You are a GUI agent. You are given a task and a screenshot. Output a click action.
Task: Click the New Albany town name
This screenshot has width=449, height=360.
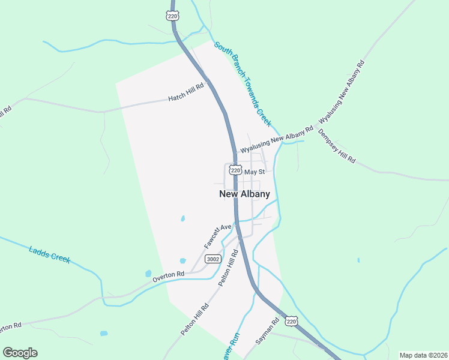244,194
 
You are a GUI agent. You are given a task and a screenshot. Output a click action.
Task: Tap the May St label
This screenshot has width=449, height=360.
255,172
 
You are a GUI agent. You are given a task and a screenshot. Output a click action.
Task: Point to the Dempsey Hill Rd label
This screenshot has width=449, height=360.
337,146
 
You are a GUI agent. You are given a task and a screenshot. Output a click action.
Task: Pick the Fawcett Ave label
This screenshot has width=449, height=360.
218,236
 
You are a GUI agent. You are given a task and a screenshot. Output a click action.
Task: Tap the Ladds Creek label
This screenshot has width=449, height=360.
49,254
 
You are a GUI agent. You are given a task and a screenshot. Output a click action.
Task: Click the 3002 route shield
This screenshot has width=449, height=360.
212,259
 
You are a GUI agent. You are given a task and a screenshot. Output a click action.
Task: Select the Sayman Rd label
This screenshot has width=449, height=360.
268,331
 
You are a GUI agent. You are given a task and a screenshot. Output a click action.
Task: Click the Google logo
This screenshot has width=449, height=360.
20,353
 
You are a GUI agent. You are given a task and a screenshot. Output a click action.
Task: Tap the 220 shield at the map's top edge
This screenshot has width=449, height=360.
173,16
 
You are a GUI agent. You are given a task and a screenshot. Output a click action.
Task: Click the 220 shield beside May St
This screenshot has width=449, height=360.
235,170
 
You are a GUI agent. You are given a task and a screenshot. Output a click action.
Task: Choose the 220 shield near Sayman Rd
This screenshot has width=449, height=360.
291,322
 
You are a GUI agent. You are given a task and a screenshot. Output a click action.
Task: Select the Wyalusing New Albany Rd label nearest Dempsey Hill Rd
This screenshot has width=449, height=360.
277,140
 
